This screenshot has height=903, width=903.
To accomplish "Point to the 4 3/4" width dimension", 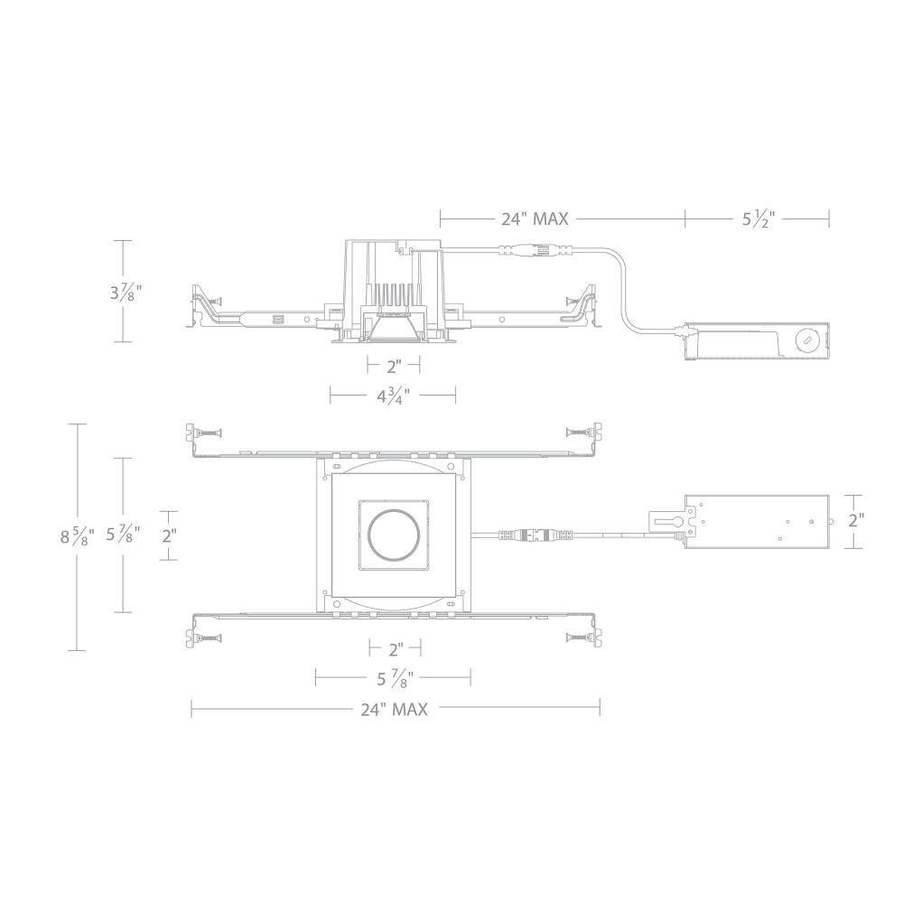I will tap(392, 394).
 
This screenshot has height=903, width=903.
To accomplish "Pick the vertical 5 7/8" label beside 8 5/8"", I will tap(124, 535).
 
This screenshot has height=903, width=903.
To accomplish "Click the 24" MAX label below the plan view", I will tap(394, 709).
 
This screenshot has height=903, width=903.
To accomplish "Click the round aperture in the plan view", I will tap(392, 535).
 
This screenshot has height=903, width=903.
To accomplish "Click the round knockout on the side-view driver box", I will tap(805, 340).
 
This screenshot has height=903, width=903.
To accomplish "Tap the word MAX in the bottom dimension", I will tap(411, 709).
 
